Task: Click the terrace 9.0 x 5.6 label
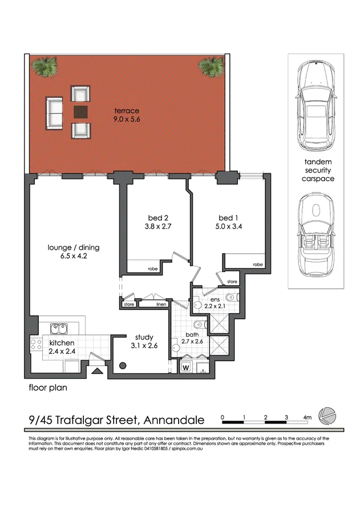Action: [126, 115]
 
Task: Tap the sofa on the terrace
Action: [55, 112]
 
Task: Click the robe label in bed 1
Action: [257, 264]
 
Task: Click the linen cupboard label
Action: [160, 304]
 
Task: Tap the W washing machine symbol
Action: [185, 367]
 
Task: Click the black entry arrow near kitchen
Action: [98, 371]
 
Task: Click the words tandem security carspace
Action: [317, 170]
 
